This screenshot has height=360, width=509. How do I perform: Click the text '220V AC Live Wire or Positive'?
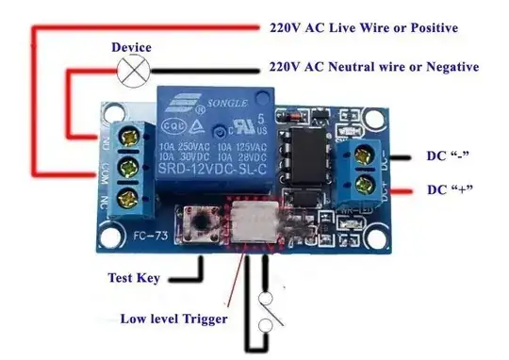pyautogui.click(x=363, y=28)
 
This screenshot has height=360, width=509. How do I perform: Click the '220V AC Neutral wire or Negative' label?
pyautogui.click(x=374, y=68)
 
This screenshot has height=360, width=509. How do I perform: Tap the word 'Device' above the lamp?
pyautogui.click(x=131, y=47)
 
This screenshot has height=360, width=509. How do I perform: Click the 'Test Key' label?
pyautogui.click(x=133, y=278)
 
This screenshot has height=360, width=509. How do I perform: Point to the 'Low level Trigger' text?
pyautogui.click(x=173, y=319)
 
